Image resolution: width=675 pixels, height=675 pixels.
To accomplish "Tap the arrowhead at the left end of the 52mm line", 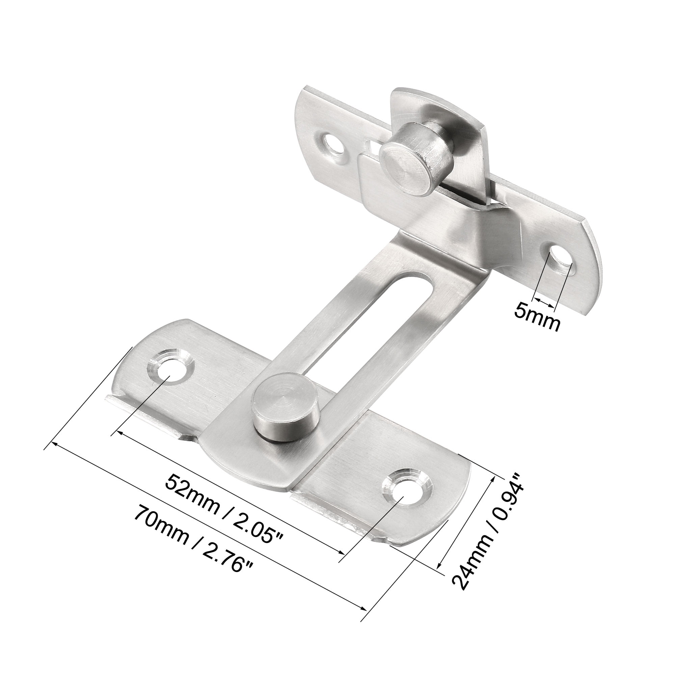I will click(x=120, y=433).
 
